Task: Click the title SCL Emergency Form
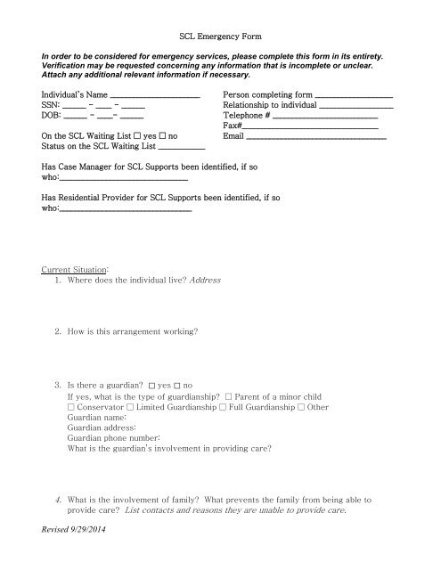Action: click(x=219, y=40)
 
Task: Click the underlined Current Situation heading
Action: click(x=75, y=268)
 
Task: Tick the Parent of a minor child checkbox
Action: click(x=230, y=395)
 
